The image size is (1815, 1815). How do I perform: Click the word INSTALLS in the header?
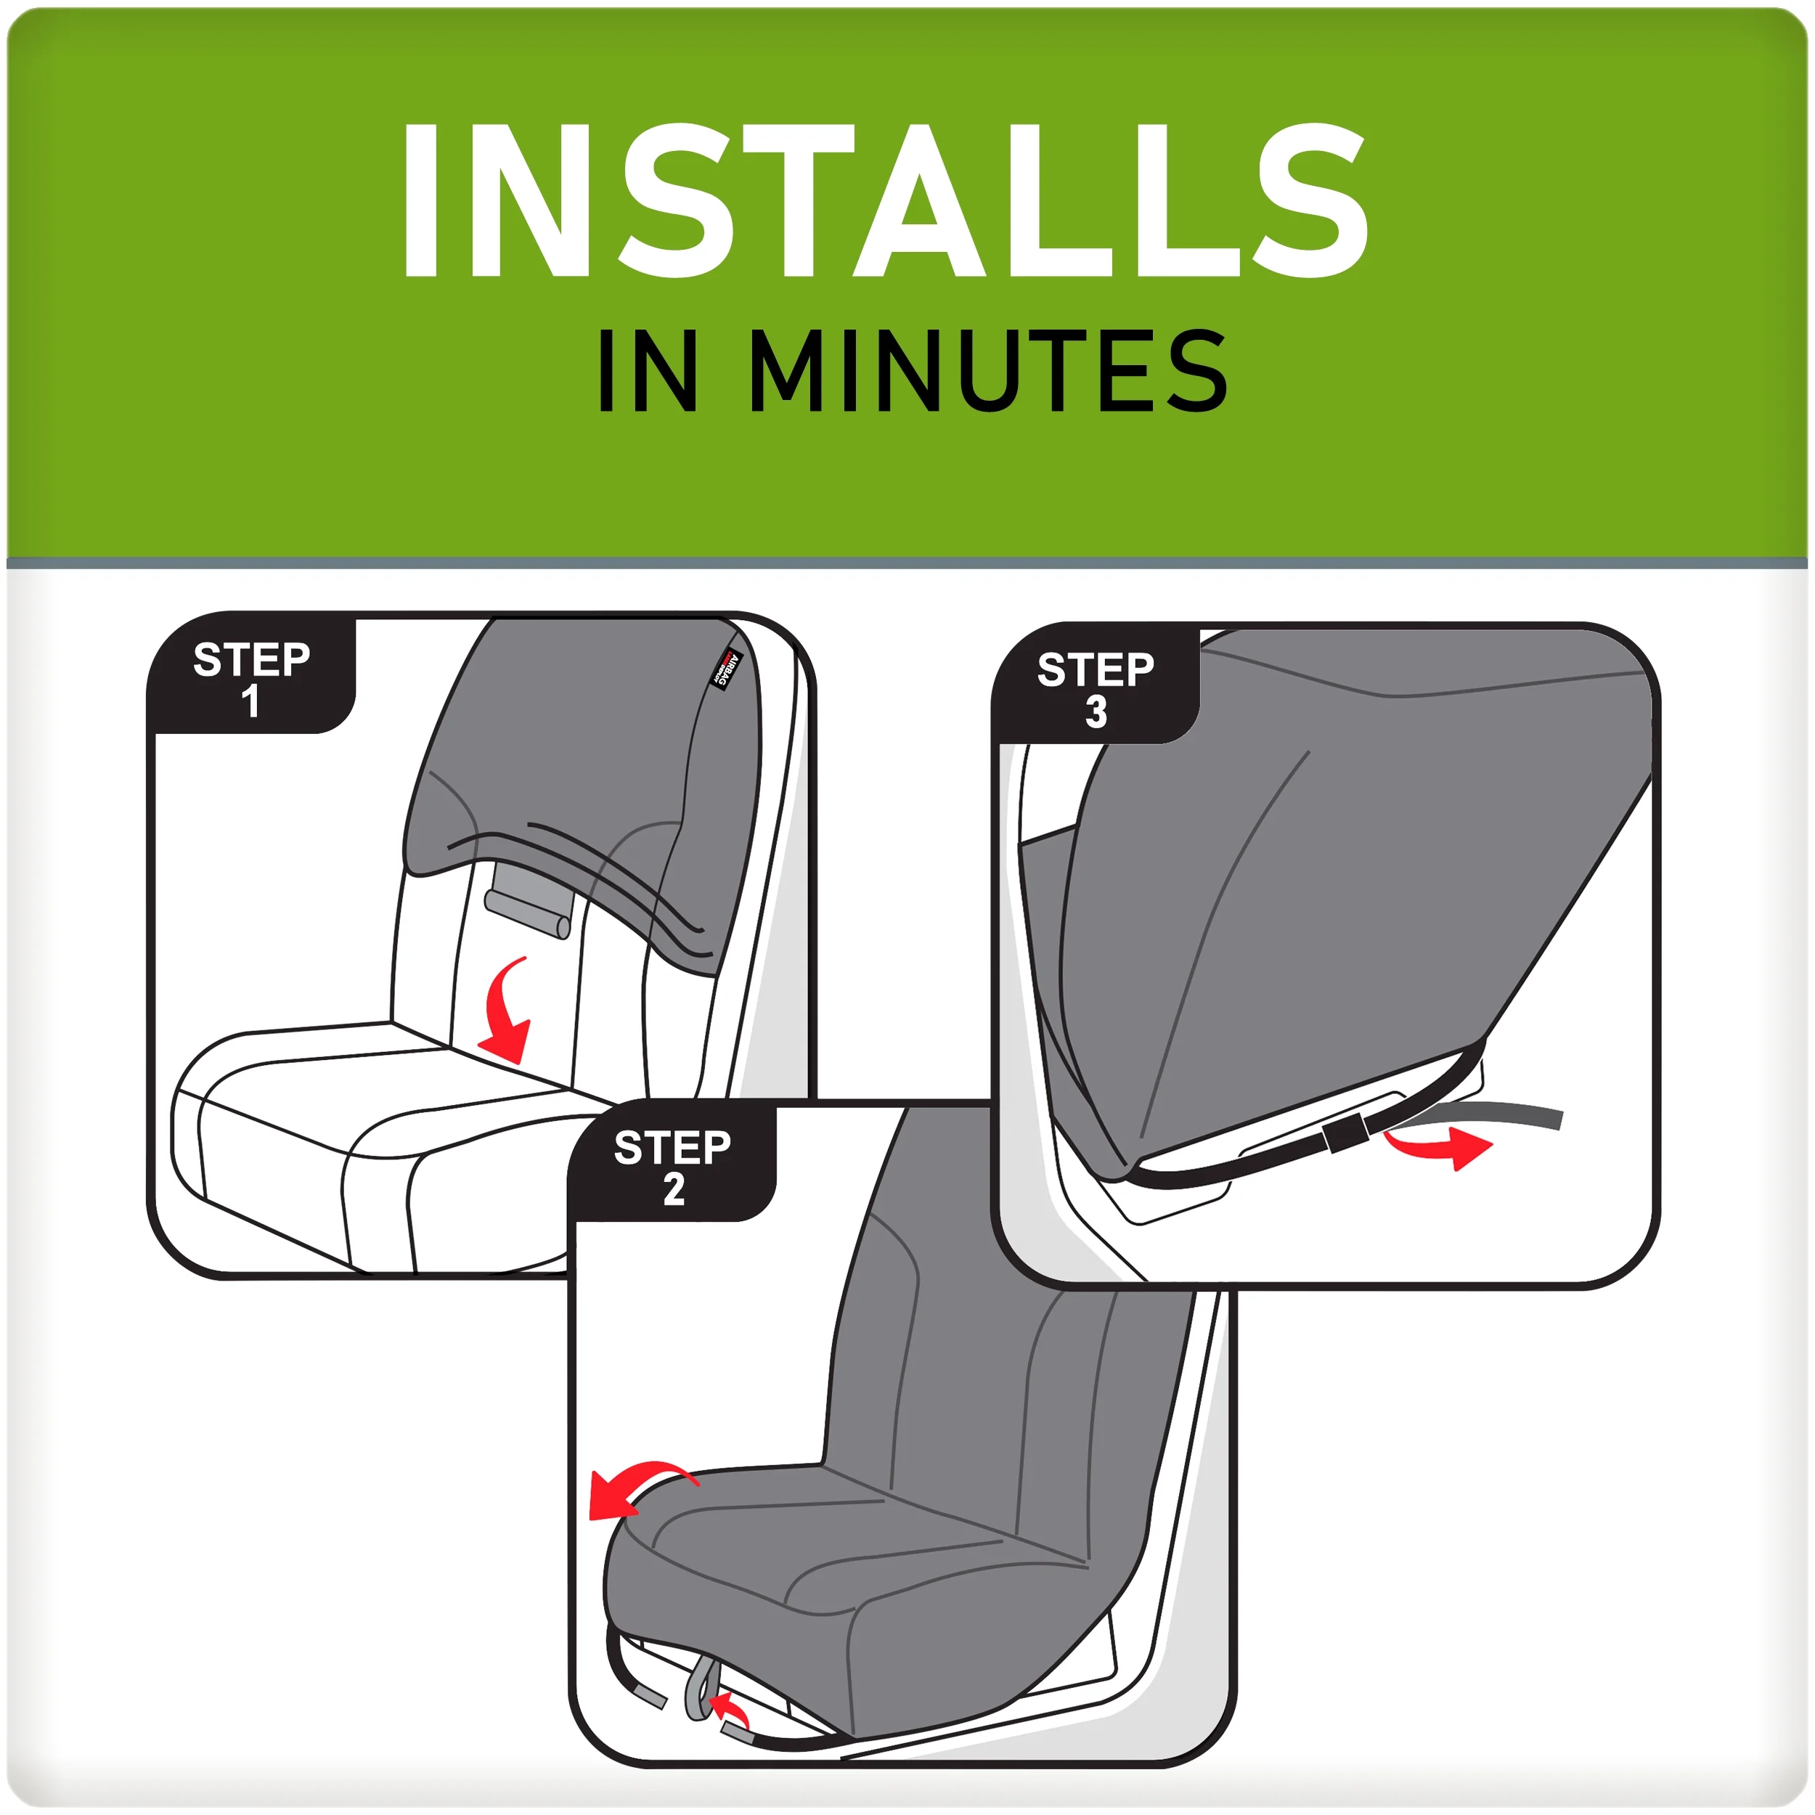pyautogui.click(x=883, y=202)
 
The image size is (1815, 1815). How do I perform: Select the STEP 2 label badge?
pyautogui.click(x=673, y=1166)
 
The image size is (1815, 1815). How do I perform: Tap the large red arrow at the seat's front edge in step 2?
pyautogui.click(x=629, y=1489)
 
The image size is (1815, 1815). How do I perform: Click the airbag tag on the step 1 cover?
pyautogui.click(x=727, y=669)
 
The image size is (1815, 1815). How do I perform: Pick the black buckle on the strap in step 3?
pyautogui.click(x=1345, y=1134)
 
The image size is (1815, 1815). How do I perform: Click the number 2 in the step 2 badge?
pyautogui.click(x=674, y=1189)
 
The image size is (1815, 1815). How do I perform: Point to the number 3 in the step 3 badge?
pyautogui.click(x=1096, y=712)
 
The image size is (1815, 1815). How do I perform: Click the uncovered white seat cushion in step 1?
pyautogui.click(x=376, y=1127)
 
